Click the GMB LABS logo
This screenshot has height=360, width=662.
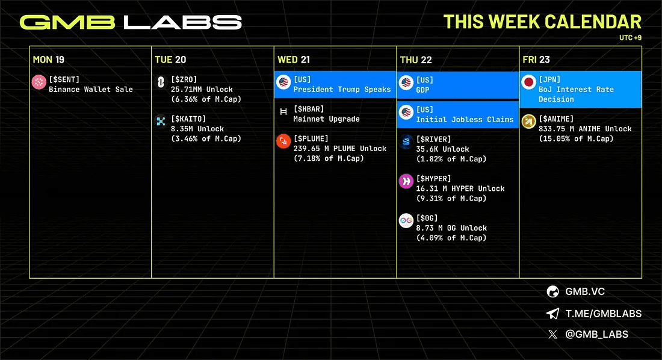131,22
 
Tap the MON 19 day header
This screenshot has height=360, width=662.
49,60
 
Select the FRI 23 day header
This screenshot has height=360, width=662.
536,60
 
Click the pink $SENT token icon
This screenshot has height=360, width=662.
39,82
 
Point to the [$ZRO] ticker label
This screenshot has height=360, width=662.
184,79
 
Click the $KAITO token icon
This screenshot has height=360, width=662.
161,121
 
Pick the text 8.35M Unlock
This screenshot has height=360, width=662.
197,129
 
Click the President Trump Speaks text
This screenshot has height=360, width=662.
342,90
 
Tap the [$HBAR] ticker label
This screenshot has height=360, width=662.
309,109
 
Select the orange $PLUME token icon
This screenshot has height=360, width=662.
283,141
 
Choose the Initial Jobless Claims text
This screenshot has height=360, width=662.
465,119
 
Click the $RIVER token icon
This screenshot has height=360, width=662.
406,142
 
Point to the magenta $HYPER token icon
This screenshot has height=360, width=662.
406,181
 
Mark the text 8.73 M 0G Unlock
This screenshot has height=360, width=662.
451,228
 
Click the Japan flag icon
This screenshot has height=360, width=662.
529,82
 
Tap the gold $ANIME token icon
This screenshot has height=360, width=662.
529,122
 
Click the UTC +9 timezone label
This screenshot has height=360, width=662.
630,37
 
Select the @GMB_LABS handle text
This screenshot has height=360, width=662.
596,335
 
